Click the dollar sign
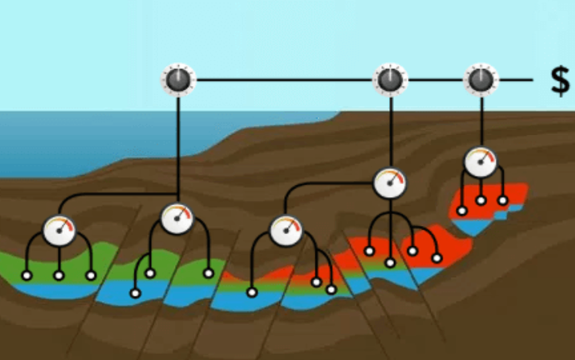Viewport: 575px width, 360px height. pos(560,81)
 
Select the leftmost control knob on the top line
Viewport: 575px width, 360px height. pos(177,80)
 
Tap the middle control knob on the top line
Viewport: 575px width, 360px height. pos(390,80)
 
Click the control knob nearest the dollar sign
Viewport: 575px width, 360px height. pos(480,80)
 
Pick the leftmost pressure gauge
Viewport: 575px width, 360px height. pos(59,230)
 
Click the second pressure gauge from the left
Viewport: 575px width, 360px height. pos(177,219)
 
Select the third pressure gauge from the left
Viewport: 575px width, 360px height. pos(286,231)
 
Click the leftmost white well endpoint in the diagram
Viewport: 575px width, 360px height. pos(27,275)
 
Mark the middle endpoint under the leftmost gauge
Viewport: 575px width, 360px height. pos(58,275)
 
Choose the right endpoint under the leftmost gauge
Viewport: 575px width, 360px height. pos(91,275)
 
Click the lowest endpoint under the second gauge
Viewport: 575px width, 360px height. pos(135,293)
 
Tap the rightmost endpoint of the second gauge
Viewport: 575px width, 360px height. pos(209,273)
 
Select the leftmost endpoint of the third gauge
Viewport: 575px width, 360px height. pos(251,292)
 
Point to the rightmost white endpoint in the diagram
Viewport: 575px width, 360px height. pos(503,201)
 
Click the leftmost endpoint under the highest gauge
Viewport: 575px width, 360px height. pos(461,211)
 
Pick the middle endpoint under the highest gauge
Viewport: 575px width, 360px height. pos(481,200)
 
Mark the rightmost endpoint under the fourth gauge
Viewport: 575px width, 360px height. pos(437,258)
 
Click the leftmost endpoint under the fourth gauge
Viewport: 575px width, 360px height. pos(369,251)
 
